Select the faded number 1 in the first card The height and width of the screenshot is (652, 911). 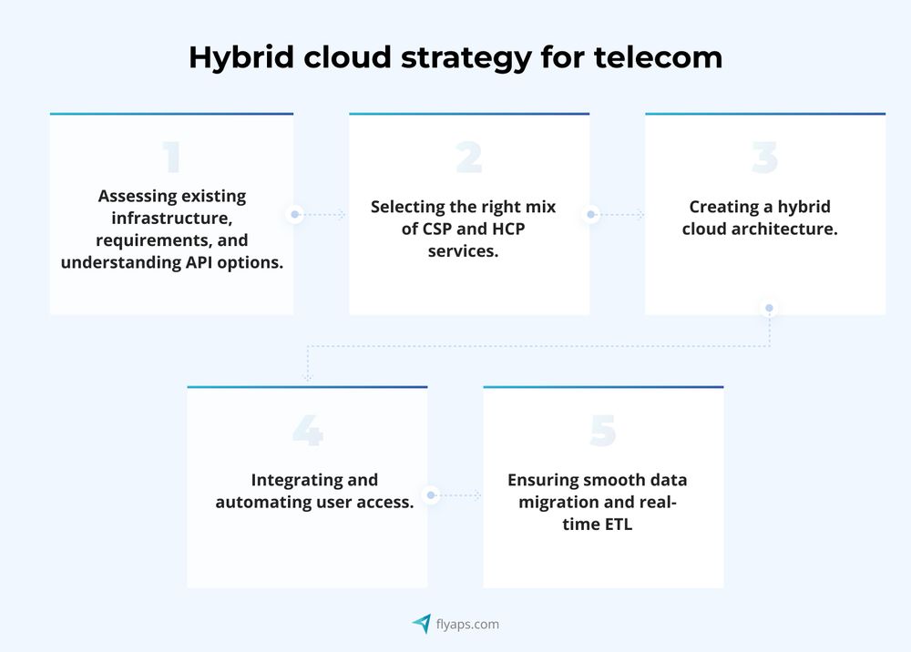click(x=171, y=158)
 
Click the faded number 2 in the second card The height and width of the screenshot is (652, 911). click(x=468, y=158)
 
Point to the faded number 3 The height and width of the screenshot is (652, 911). click(x=764, y=158)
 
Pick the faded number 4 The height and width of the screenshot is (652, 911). click(x=308, y=431)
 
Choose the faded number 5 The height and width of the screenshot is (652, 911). click(x=603, y=431)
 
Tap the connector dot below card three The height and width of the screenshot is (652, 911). click(x=769, y=309)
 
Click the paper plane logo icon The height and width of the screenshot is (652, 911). click(x=422, y=624)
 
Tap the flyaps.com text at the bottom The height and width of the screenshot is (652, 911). click(x=467, y=625)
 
